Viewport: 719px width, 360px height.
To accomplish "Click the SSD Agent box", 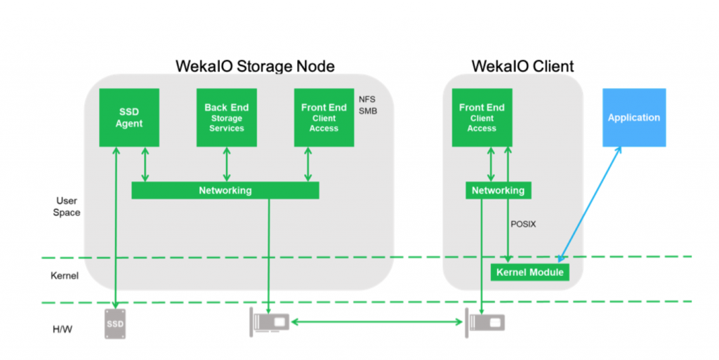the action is click(x=129, y=118).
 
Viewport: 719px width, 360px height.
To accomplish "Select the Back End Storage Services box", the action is click(x=227, y=118).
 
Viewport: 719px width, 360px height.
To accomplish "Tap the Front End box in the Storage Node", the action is click(x=324, y=118).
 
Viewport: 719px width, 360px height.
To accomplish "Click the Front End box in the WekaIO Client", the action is click(x=482, y=118).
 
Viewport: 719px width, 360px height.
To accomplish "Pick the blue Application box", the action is click(x=634, y=118).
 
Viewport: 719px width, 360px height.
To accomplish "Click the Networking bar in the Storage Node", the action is click(x=225, y=191).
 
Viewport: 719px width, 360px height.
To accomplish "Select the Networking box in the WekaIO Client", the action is click(x=499, y=191).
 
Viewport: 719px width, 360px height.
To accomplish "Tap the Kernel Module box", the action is click(x=530, y=272).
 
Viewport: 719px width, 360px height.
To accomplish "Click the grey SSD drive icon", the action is click(x=115, y=324).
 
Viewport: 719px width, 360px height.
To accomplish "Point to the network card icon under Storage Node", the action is click(x=270, y=322).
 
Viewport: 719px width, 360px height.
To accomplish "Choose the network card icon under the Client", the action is click(x=485, y=323).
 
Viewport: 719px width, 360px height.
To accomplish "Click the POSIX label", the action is click(x=523, y=225).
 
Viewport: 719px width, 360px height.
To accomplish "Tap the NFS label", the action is click(x=367, y=100).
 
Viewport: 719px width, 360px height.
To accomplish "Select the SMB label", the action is click(x=368, y=112).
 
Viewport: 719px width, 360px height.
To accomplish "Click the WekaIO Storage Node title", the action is click(x=255, y=66).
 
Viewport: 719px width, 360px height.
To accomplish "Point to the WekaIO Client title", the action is click(x=522, y=66).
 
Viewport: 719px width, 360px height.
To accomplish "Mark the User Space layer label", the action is click(x=67, y=206).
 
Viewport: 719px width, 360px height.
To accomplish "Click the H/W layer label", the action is click(x=62, y=329).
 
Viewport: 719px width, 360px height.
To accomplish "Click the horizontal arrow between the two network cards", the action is click(x=377, y=322).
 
